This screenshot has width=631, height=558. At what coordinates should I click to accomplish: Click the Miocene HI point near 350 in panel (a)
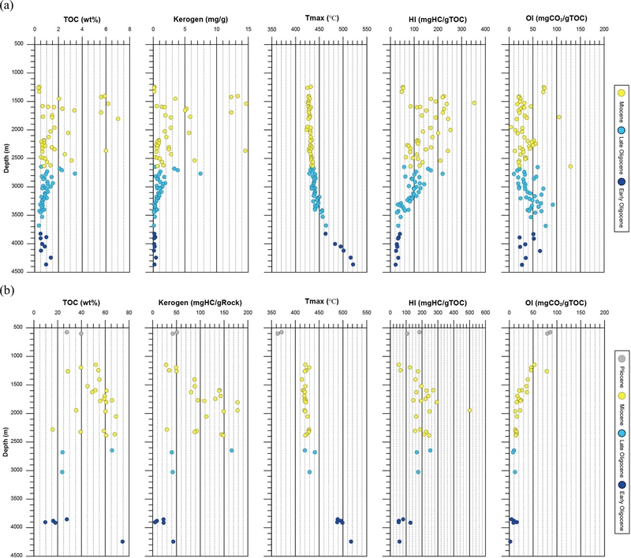coord(473,102)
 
